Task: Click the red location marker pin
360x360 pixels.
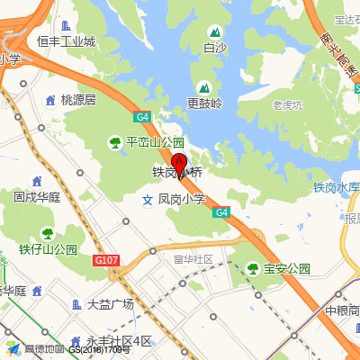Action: [x=180, y=164]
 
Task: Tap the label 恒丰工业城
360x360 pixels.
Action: [x=66, y=41]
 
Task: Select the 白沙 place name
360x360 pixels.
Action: [x=215, y=48]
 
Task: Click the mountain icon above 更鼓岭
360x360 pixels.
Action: [x=204, y=87]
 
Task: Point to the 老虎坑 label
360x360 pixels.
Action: [x=288, y=105]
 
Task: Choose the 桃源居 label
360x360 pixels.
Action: [x=77, y=100]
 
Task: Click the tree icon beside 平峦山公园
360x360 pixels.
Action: [x=115, y=142]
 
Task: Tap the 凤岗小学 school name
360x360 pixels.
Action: [x=182, y=199]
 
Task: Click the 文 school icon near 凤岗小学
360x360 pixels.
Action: [x=148, y=200]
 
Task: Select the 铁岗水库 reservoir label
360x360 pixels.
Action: [x=336, y=187]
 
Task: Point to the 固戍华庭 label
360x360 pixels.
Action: [x=37, y=196]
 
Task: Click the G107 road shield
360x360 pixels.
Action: [x=105, y=260]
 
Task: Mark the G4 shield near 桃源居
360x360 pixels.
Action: [x=142, y=117]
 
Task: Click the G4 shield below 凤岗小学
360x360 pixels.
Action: [x=221, y=212]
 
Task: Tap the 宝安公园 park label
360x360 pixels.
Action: [x=287, y=268]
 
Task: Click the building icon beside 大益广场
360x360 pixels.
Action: [x=76, y=304]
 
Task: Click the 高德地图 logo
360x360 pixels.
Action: [x=36, y=349]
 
